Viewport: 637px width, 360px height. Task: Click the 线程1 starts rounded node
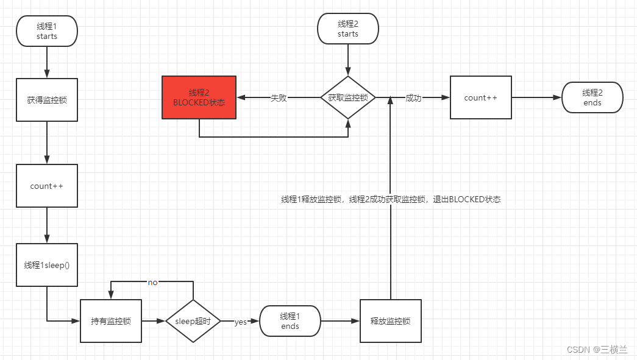pyautogui.click(x=47, y=31)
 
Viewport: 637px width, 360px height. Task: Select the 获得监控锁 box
pyautogui.click(x=47, y=99)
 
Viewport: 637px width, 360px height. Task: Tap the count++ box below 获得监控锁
pyautogui.click(x=47, y=186)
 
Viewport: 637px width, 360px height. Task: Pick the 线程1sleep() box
pyautogui.click(x=47, y=265)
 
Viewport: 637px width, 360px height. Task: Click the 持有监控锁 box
pyautogui.click(x=111, y=321)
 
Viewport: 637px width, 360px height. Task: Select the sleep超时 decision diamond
pyautogui.click(x=193, y=321)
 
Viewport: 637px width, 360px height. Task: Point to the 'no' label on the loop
pyautogui.click(x=152, y=283)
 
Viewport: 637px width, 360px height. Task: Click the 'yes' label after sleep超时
pyautogui.click(x=240, y=322)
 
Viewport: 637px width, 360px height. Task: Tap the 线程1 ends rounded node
pyautogui.click(x=290, y=321)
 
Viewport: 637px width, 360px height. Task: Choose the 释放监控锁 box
pyautogui.click(x=391, y=321)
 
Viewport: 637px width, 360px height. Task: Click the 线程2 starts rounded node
pyautogui.click(x=348, y=29)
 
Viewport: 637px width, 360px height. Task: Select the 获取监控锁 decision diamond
pyautogui.click(x=348, y=97)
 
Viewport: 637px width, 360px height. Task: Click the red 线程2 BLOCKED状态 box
pyautogui.click(x=199, y=97)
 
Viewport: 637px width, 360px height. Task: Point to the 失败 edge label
pyautogui.click(x=279, y=98)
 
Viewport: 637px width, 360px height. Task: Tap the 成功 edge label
pyautogui.click(x=413, y=98)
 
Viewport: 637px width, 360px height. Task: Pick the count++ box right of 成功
pyautogui.click(x=480, y=97)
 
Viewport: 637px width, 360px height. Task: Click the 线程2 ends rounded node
pyautogui.click(x=593, y=97)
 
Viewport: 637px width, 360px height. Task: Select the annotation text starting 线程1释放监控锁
pyautogui.click(x=391, y=199)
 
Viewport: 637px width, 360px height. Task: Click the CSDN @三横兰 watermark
pyautogui.click(x=597, y=349)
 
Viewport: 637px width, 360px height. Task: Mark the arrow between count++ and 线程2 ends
pyautogui.click(x=536, y=97)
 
